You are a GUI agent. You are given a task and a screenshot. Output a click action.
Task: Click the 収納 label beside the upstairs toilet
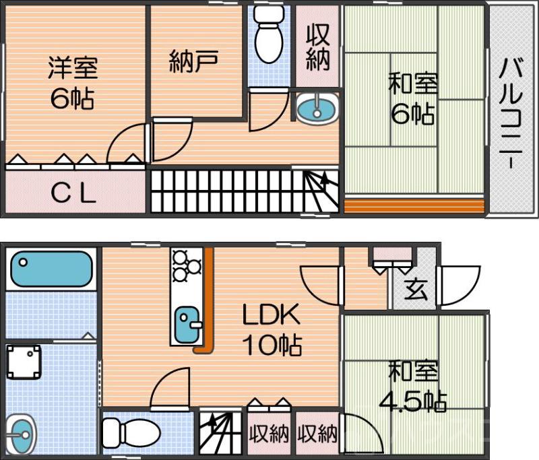click(x=317, y=48)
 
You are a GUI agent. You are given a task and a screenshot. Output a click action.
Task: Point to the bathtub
click(x=51, y=269)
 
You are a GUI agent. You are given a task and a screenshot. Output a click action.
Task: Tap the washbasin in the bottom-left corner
click(x=22, y=432)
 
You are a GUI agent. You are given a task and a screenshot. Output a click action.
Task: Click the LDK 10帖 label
click(x=272, y=331)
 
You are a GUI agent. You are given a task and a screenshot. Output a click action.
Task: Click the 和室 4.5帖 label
click(x=413, y=387)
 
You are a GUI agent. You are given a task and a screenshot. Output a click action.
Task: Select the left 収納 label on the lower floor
click(x=269, y=434)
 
